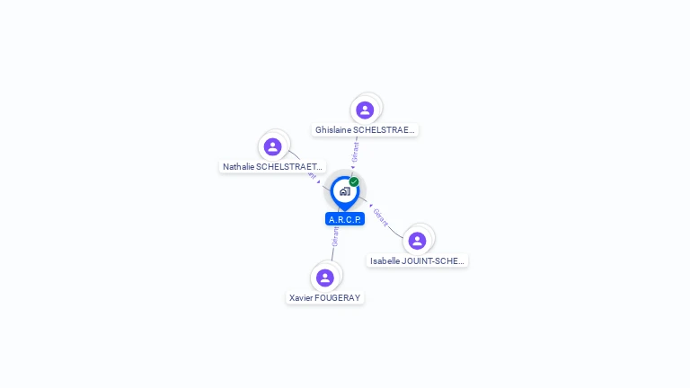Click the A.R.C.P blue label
coord(345,219)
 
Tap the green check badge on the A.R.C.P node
coord(354,182)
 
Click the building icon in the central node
coord(344,191)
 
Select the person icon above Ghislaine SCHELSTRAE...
coord(365,110)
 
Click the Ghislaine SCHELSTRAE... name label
coord(365,130)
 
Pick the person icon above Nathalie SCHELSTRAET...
coord(272,146)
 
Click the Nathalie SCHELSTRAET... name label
coord(273,167)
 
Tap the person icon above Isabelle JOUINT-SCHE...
coord(417,241)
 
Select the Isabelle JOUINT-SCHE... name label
coord(418,261)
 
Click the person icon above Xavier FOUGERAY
coord(325,278)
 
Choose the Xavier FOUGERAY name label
coord(325,297)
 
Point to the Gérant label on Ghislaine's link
coord(356,152)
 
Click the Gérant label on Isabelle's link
coord(381,217)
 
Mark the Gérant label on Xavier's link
coord(335,236)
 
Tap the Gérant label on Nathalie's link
coord(311,174)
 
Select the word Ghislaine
coord(333,130)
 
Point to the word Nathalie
coord(239,167)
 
